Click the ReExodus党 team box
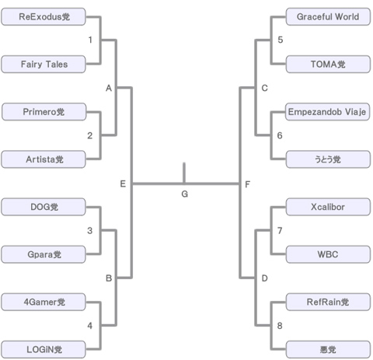44,17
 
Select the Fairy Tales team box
44,65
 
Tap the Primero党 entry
44,112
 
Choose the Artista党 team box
44,159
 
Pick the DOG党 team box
44,207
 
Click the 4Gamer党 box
44,302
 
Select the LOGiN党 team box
44,350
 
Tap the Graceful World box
328,17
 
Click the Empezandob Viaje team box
327,112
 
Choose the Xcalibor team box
328,207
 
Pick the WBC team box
328,254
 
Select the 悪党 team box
328,350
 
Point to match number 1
90,40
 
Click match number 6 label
280,135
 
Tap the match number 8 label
280,326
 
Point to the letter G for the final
184,194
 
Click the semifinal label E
123,184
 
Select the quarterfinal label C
264,88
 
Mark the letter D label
264,278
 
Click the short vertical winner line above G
184,173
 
